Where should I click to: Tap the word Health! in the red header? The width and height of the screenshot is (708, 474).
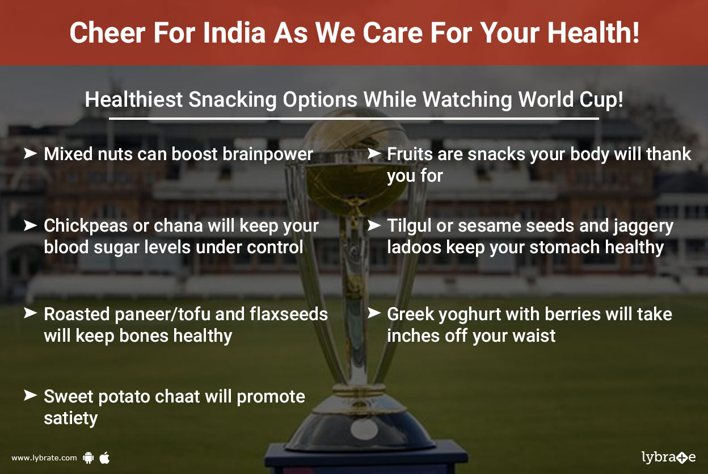(593, 32)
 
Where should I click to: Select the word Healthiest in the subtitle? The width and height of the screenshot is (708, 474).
(134, 99)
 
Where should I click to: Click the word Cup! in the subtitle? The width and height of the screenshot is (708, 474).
(601, 100)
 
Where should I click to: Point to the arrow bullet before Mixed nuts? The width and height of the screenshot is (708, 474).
(31, 153)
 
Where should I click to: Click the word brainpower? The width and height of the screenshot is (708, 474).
(268, 154)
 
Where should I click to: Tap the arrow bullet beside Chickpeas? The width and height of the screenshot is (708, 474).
(31, 225)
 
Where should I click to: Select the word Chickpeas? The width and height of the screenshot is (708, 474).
(86, 226)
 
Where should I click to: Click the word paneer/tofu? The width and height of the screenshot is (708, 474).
(163, 314)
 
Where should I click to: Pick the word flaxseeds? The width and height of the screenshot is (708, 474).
(289, 314)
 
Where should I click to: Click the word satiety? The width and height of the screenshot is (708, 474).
(71, 419)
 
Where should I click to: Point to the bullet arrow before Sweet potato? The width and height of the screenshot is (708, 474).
(31, 395)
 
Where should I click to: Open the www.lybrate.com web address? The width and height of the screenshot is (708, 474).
(44, 458)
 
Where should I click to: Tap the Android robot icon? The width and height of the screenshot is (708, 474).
(88, 458)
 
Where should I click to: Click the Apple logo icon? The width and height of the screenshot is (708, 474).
(104, 458)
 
